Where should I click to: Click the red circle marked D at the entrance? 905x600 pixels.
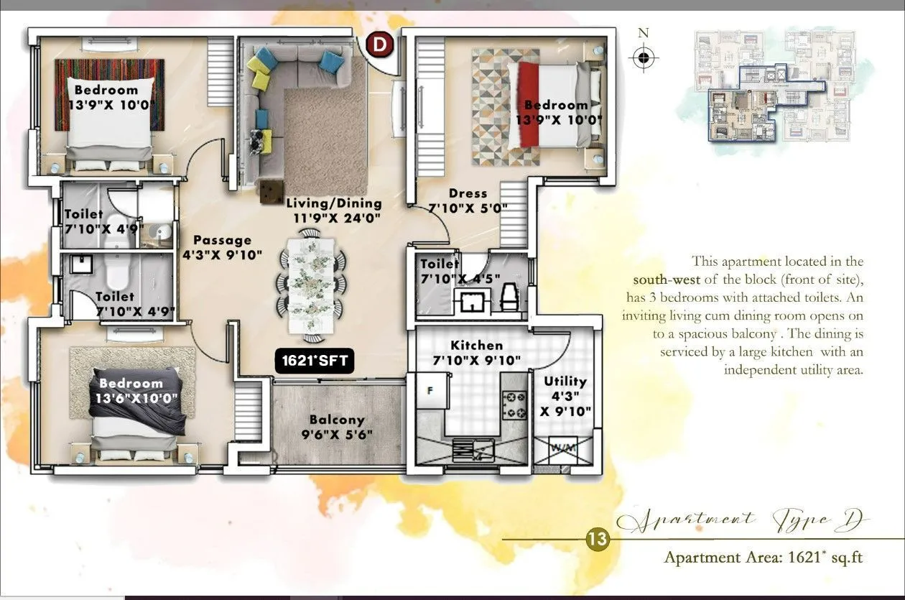[379, 45]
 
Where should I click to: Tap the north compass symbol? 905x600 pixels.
[644, 57]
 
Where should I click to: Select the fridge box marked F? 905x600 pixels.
[431, 392]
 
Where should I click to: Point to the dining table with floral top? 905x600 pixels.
[312, 285]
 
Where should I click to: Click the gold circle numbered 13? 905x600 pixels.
[598, 539]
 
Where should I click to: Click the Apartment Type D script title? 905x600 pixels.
[743, 520]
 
